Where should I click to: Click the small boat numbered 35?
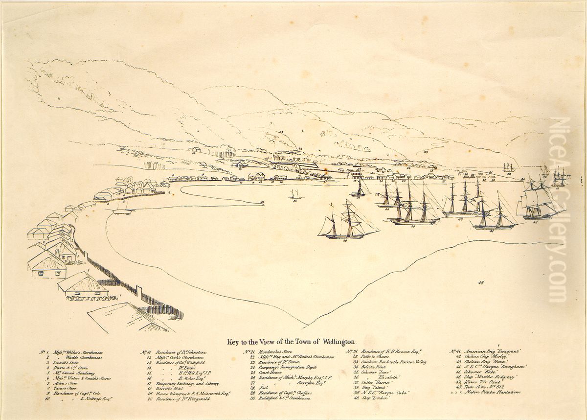point(294,194)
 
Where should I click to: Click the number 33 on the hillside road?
point(426,152)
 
